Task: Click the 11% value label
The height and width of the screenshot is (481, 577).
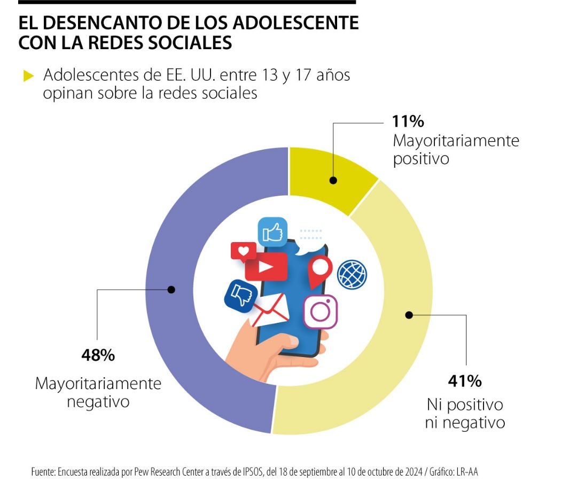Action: (x=408, y=121)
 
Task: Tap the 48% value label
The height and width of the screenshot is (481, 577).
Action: (x=98, y=355)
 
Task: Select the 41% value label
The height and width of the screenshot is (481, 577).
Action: (x=464, y=381)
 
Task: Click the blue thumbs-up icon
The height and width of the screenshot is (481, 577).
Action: (x=272, y=232)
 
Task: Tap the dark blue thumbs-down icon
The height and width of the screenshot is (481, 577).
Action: (x=238, y=294)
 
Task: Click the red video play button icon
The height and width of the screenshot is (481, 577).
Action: (x=266, y=266)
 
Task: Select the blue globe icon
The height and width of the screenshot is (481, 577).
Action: (x=352, y=274)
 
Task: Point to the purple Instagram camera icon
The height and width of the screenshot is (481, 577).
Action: (x=321, y=312)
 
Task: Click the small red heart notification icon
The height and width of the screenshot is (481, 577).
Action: (x=244, y=251)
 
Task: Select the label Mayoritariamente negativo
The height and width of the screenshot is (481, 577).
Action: (x=98, y=392)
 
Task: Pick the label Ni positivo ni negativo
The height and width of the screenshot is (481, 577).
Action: (x=464, y=413)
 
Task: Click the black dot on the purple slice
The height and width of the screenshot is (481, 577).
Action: (x=171, y=290)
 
